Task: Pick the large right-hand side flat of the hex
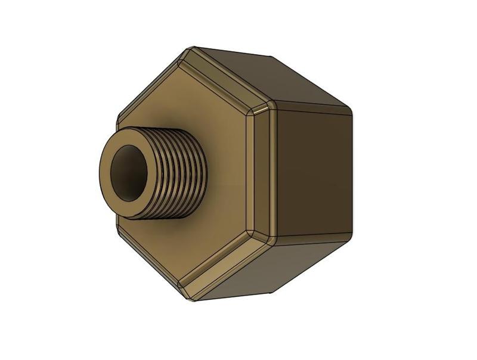click(310, 173)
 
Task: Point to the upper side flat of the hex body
click(268, 77)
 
